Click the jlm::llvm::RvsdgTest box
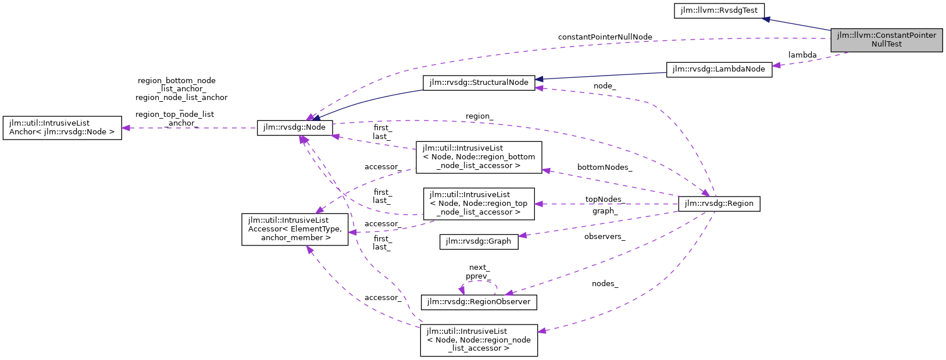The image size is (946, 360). pyautogui.click(x=719, y=10)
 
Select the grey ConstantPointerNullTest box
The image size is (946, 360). pyautogui.click(x=886, y=40)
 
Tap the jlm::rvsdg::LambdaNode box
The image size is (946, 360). pyautogui.click(x=719, y=69)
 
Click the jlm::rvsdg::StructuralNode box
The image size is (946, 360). pyautogui.click(x=479, y=83)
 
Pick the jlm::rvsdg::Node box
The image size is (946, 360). pyautogui.click(x=295, y=127)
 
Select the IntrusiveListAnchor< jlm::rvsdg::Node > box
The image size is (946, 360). pyautogui.click(x=62, y=128)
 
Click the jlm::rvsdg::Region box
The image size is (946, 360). pyautogui.click(x=719, y=204)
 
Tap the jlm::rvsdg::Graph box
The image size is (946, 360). pyautogui.click(x=479, y=241)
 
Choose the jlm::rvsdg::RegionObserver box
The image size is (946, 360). pyautogui.click(x=479, y=302)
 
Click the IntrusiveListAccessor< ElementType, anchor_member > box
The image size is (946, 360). pyautogui.click(x=295, y=229)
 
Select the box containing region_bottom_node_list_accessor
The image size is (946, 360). pyautogui.click(x=479, y=157)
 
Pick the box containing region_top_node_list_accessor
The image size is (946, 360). pyautogui.click(x=479, y=204)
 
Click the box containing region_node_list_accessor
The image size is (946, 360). pyautogui.click(x=479, y=340)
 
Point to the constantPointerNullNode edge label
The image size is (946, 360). pyautogui.click(x=605, y=37)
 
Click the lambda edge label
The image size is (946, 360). pyautogui.click(x=802, y=55)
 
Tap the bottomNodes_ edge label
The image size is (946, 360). pyautogui.click(x=604, y=167)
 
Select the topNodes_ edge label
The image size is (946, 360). pyautogui.click(x=604, y=199)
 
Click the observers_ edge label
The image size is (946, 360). pyautogui.click(x=605, y=237)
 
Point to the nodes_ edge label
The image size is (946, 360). pyautogui.click(x=605, y=284)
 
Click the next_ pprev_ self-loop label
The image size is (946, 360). pyautogui.click(x=478, y=272)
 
